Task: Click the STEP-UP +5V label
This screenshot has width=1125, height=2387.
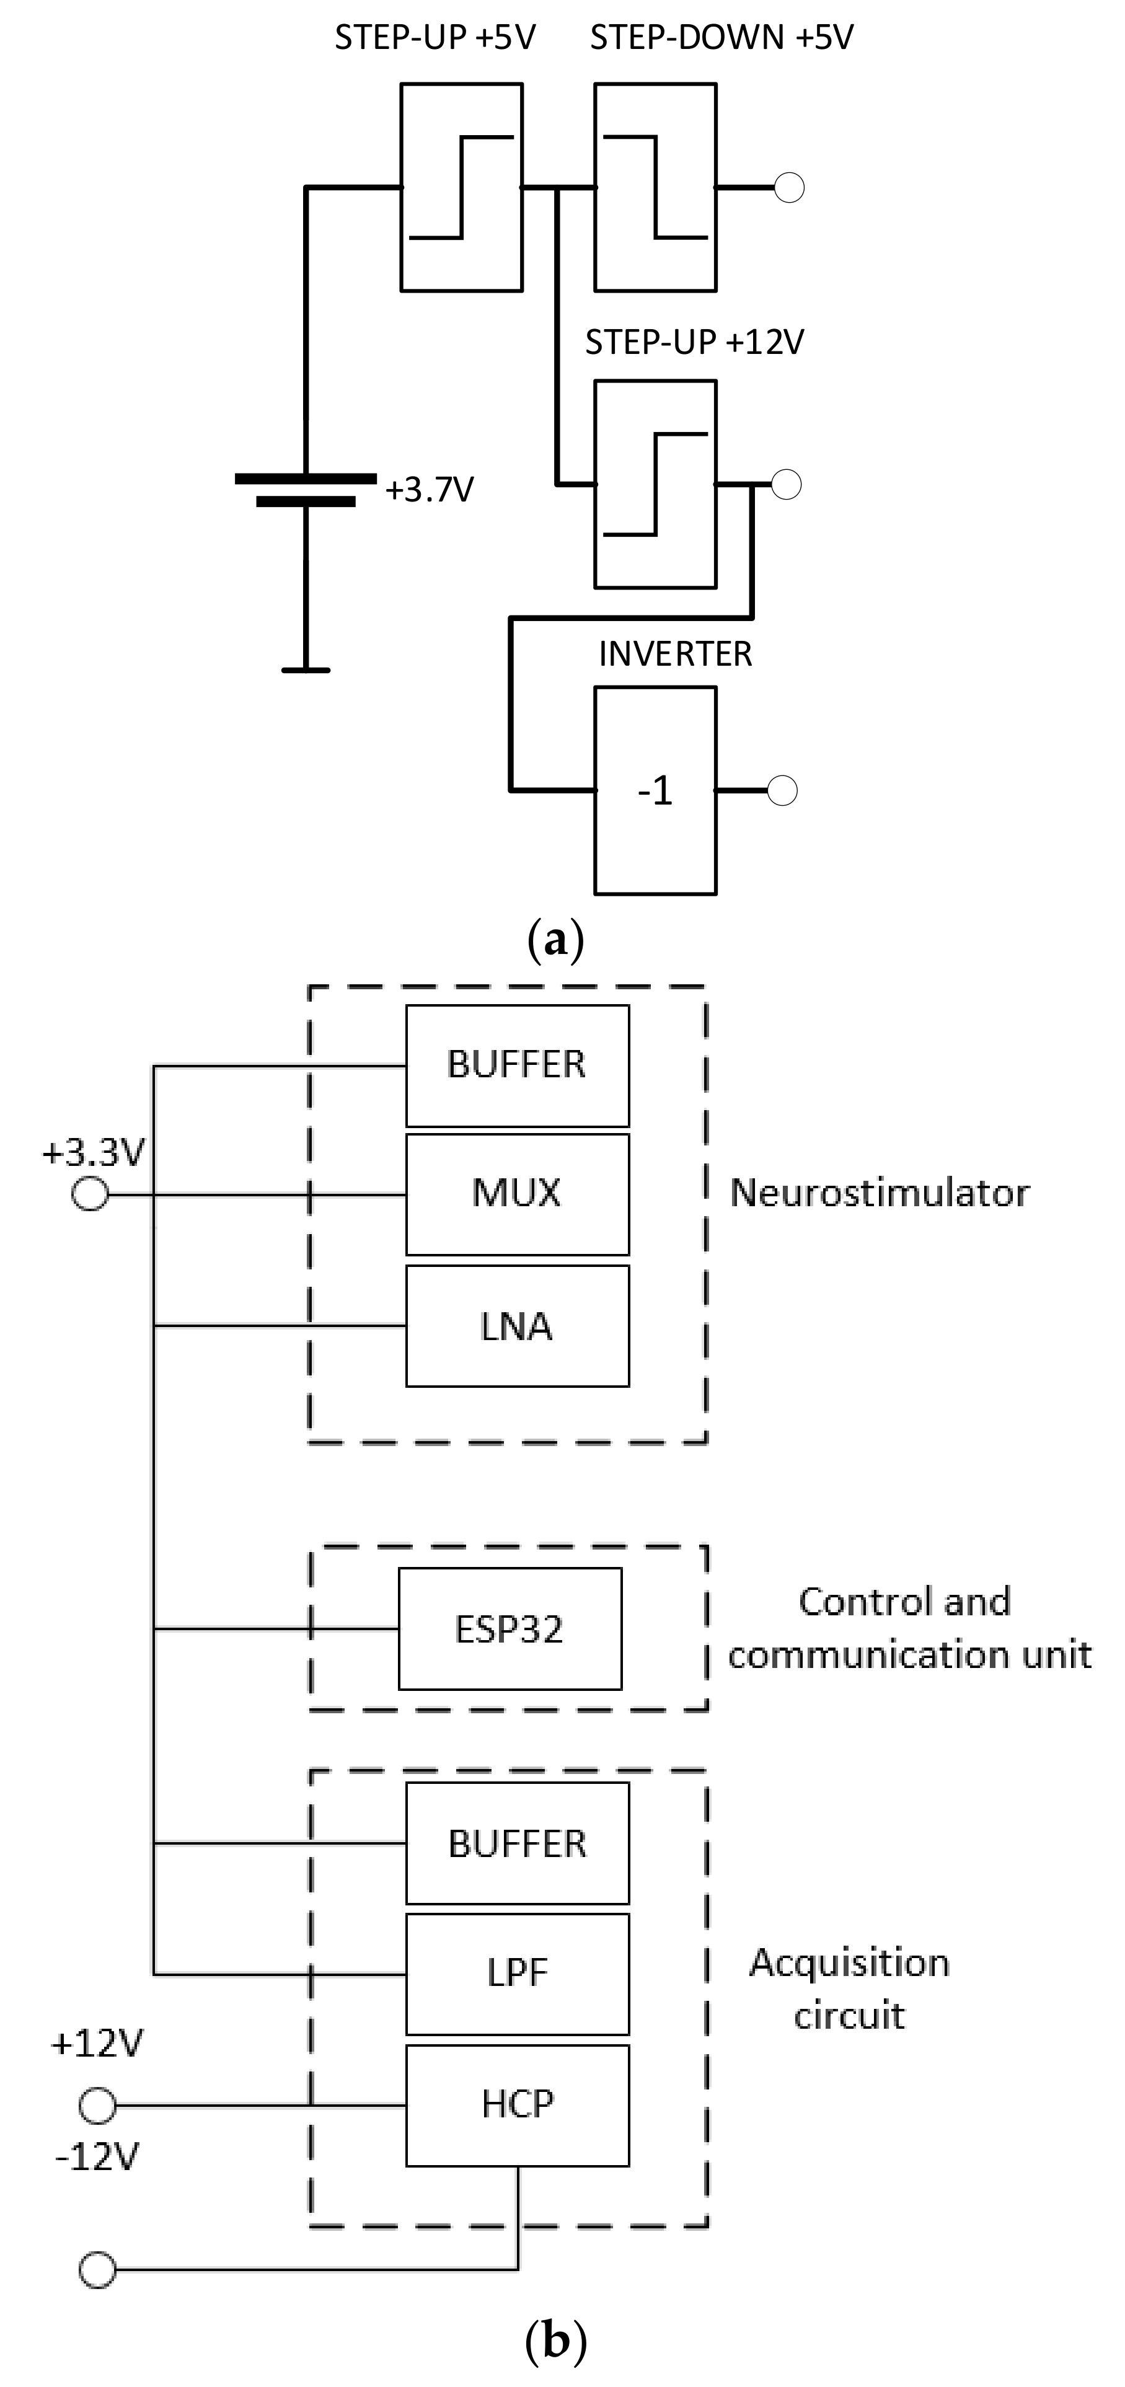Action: pos(435,37)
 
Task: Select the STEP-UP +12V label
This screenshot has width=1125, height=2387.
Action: pos(694,342)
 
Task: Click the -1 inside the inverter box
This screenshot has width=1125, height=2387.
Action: pos(655,790)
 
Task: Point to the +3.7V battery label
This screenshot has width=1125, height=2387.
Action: pos(429,488)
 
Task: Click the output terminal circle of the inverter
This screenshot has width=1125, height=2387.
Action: pos(782,790)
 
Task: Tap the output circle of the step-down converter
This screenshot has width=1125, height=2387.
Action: pos(788,187)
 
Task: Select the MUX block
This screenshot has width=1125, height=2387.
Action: pos(517,1194)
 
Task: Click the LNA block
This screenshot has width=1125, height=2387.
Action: pos(517,1326)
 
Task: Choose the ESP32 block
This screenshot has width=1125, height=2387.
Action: pos(510,1629)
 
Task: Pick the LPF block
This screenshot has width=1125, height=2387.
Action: pos(517,1974)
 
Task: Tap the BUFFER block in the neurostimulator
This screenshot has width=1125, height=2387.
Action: pos(517,1066)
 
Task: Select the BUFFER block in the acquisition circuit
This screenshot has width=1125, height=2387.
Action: pos(517,1843)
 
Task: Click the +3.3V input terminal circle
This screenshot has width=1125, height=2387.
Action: pos(90,1194)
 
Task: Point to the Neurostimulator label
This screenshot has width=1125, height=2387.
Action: pos(880,1193)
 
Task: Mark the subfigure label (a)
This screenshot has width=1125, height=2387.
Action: pos(555,940)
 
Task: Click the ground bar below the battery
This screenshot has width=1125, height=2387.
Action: pos(306,669)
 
